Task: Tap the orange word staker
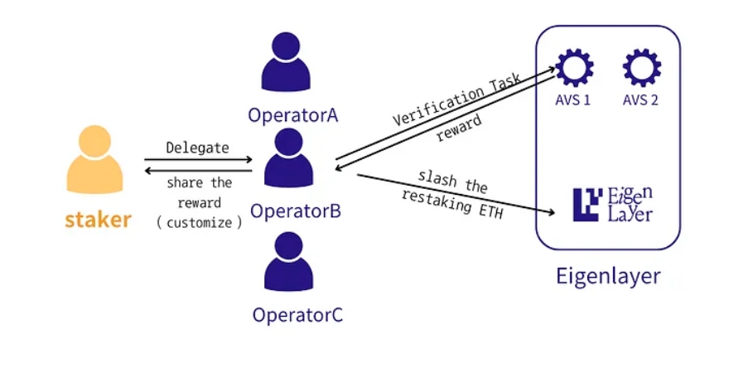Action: (98, 220)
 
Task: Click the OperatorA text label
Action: (293, 114)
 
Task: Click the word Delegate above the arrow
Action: (197, 148)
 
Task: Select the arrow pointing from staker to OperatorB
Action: (198, 160)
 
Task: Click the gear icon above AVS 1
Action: (574, 67)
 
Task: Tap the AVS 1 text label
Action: (574, 101)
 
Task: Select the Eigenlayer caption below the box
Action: (608, 275)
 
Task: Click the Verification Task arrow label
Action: (456, 99)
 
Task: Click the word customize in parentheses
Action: (198, 222)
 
